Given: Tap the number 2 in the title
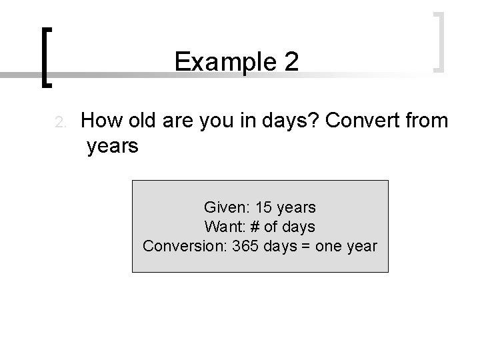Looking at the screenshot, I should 290,62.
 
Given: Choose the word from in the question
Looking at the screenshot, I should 428,121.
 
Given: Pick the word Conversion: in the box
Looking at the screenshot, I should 185,246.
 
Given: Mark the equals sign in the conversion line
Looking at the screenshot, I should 303,246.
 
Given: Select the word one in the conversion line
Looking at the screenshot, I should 327,246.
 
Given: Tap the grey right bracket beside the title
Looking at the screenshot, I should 439,41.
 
